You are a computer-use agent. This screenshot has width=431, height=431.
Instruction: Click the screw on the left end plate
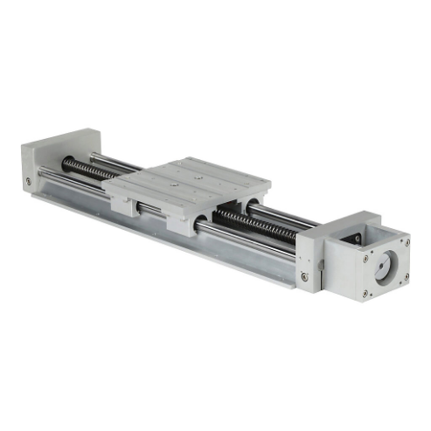(x=29, y=181)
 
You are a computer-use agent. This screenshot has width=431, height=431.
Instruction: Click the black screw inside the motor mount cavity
(x=356, y=237)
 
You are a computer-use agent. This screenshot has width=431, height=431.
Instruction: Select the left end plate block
(x=57, y=162)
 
